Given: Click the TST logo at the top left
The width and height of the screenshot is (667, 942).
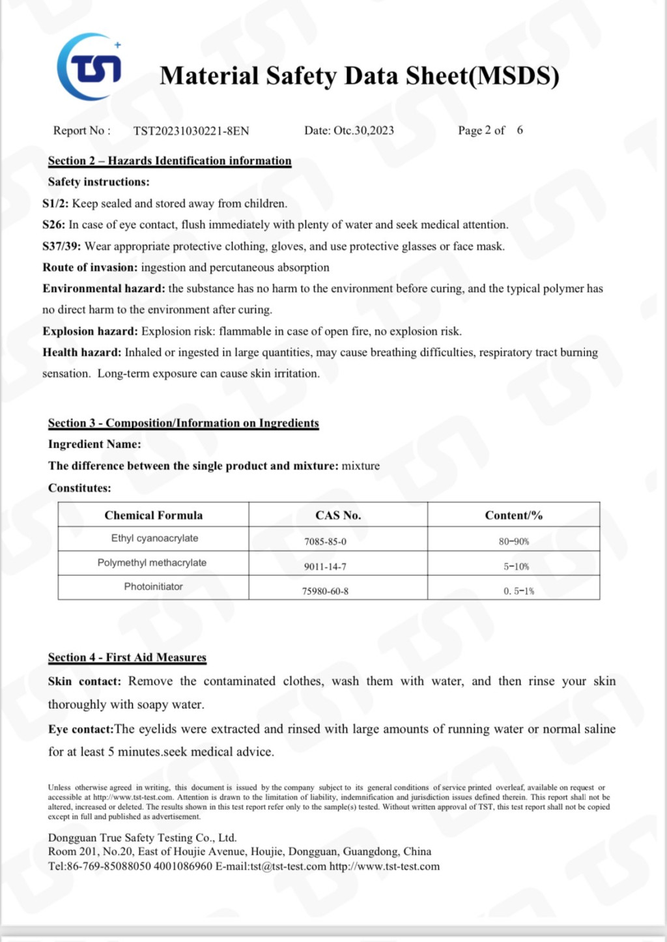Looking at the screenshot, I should pyautogui.click(x=90, y=67).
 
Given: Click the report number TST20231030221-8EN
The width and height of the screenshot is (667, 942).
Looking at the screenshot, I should pyautogui.click(x=191, y=131).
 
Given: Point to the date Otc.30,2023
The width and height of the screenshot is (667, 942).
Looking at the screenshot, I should pyautogui.click(x=349, y=130).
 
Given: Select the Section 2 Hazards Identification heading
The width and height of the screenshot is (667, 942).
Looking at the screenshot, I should pyautogui.click(x=169, y=161).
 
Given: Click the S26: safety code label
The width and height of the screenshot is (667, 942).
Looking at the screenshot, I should pyautogui.click(x=54, y=225).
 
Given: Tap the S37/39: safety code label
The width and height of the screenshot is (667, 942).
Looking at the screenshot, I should pyautogui.click(x=62, y=246).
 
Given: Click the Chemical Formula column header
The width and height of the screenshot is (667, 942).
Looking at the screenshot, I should pyautogui.click(x=153, y=515).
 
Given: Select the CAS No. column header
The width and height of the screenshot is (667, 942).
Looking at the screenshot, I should pyautogui.click(x=338, y=515).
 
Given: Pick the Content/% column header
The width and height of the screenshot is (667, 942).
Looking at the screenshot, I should pyautogui.click(x=513, y=515).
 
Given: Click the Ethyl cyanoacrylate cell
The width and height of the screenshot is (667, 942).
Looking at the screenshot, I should pyautogui.click(x=154, y=538).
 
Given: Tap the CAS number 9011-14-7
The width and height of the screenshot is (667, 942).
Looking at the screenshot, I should pyautogui.click(x=325, y=567).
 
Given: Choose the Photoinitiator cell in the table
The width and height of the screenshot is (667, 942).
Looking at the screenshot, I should pyautogui.click(x=153, y=586).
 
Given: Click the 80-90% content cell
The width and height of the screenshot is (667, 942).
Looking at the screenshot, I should pyautogui.click(x=513, y=541).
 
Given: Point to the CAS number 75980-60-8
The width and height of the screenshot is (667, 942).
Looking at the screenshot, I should pyautogui.click(x=325, y=591).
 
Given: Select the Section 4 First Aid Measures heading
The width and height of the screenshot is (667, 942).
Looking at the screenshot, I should pyautogui.click(x=127, y=657).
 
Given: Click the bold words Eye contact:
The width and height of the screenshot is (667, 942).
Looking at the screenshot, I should pyautogui.click(x=81, y=729).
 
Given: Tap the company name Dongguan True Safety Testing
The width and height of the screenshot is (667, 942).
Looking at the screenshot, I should pyautogui.click(x=142, y=838).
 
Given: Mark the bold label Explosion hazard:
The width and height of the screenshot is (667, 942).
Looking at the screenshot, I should pyautogui.click(x=90, y=331).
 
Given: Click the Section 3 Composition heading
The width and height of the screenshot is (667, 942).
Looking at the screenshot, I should pyautogui.click(x=183, y=423).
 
